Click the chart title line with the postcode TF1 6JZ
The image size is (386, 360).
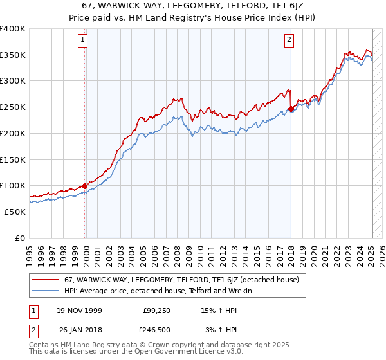coord(192,6)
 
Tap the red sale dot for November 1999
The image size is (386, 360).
coord(85,186)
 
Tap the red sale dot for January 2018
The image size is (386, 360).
coord(291,109)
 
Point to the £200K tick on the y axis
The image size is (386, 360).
coord(13,133)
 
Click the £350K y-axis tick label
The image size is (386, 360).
coord(13,55)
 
